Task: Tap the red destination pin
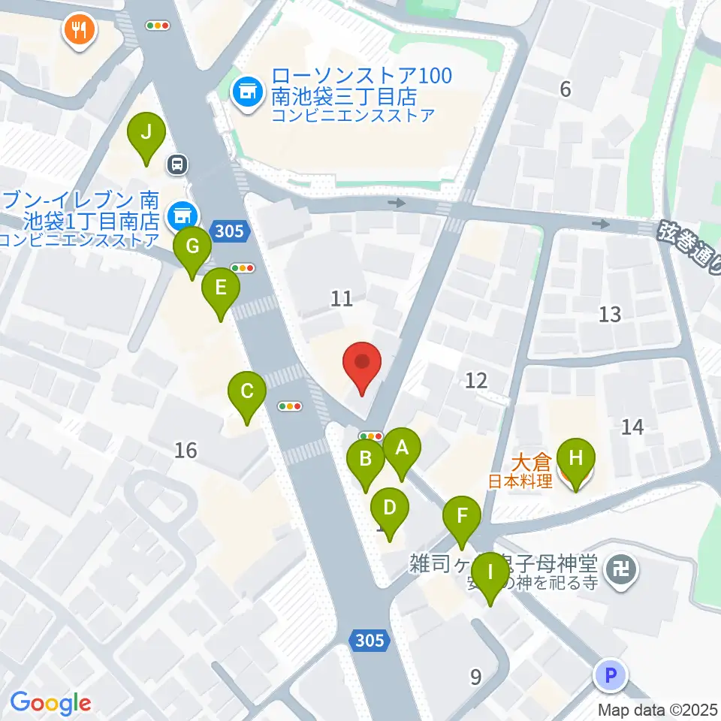[x=363, y=364]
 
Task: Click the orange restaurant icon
[x=78, y=31]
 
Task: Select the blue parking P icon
[x=610, y=675]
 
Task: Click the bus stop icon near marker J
[x=178, y=164]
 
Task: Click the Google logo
[x=51, y=703]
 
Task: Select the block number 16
[x=186, y=451]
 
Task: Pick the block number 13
[x=610, y=314]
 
